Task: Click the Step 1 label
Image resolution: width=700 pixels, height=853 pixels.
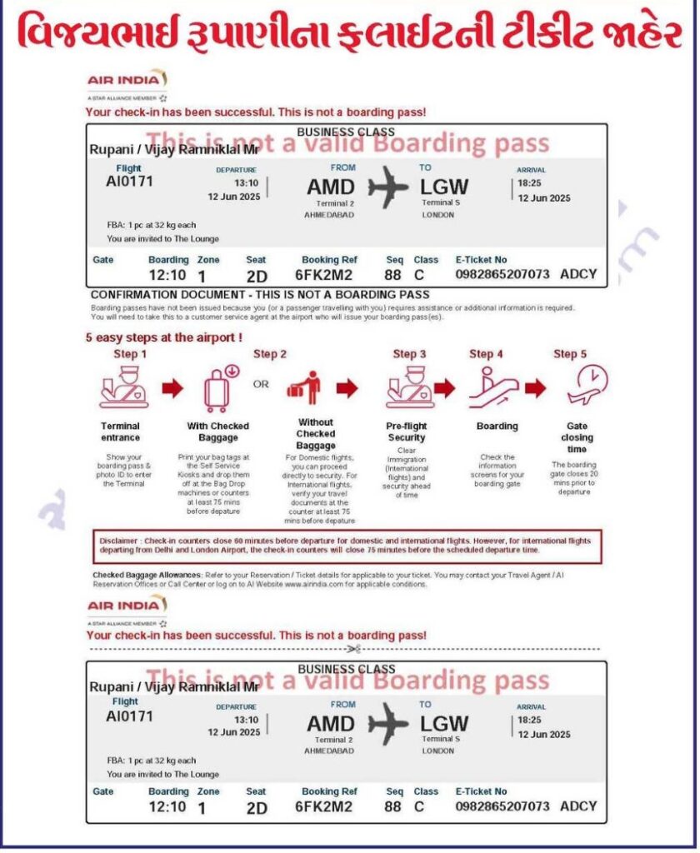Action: click(131, 353)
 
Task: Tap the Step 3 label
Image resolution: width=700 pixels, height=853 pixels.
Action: click(410, 354)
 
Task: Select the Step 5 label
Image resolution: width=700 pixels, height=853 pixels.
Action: click(570, 354)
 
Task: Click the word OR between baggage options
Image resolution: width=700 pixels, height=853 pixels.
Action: click(261, 385)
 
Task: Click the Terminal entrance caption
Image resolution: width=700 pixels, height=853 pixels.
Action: click(121, 431)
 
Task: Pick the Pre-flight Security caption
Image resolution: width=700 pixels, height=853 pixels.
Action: click(406, 431)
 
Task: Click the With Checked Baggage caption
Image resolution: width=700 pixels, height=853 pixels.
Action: click(218, 431)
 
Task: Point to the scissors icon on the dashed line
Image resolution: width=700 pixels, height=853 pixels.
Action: click(354, 648)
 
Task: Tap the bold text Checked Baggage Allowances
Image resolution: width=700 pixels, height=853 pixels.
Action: click(147, 575)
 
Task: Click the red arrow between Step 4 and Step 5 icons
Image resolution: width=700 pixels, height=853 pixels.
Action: click(535, 387)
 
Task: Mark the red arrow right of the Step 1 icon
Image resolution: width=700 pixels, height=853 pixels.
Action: click(172, 387)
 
